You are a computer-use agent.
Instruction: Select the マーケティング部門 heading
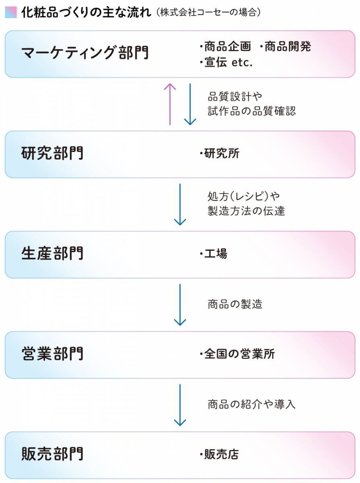[x=84, y=54]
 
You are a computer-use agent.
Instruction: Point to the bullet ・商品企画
[x=225, y=47]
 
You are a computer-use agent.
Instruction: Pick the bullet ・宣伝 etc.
[x=226, y=63]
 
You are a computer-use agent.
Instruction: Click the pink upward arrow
[x=170, y=104]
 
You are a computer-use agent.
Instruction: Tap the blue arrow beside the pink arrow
[x=189, y=104]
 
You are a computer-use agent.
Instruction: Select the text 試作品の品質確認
[x=252, y=111]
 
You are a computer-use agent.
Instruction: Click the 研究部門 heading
[x=52, y=154]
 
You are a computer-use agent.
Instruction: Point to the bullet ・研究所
[x=219, y=154]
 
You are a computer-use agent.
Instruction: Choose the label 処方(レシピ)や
[x=244, y=196]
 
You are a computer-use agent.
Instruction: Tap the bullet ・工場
[x=213, y=254]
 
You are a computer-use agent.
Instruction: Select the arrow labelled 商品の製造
[x=180, y=304]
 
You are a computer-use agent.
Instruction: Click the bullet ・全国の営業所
[x=237, y=354]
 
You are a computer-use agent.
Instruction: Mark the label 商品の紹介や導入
[x=252, y=404]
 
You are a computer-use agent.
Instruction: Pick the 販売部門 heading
[x=52, y=454]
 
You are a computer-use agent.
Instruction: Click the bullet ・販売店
[x=219, y=454]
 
